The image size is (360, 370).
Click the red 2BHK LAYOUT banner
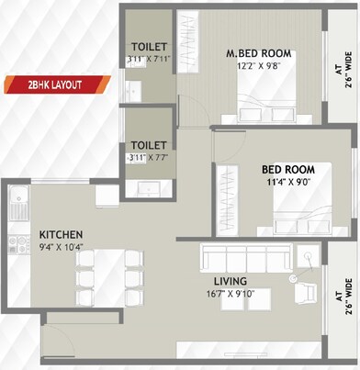55,85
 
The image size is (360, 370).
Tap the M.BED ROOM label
259,53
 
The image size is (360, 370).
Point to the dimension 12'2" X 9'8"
259,66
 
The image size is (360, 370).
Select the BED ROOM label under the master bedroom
287,170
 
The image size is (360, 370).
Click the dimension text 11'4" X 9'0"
287,183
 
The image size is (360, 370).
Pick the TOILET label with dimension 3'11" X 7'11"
148,47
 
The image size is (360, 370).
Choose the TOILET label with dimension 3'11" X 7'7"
148,145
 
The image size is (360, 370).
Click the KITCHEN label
62,234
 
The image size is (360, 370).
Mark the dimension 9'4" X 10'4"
62,247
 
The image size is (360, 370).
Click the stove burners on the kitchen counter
17,244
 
